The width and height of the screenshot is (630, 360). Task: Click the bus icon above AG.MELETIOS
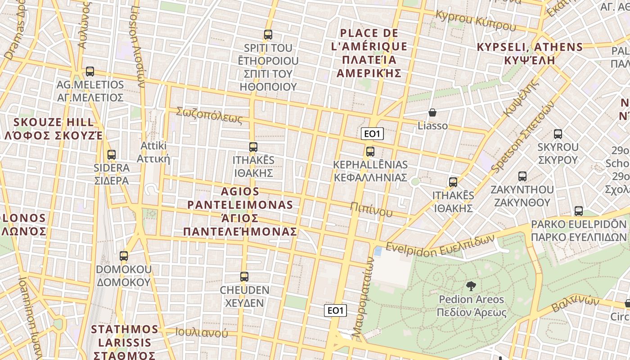(x=90, y=72)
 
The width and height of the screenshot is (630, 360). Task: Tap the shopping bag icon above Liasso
(x=432, y=112)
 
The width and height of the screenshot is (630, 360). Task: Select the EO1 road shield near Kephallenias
(x=372, y=134)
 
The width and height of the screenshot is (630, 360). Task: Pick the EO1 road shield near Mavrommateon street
(x=336, y=310)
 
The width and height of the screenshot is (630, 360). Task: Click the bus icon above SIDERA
(x=112, y=155)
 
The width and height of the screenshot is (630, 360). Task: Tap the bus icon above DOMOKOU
(x=124, y=256)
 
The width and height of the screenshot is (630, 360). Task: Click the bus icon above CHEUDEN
(x=244, y=277)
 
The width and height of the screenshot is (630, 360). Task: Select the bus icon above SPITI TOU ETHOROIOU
(x=268, y=35)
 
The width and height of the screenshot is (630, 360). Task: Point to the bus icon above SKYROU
(x=558, y=134)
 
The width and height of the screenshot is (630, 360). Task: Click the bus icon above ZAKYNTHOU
(x=522, y=176)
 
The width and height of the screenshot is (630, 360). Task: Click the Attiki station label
(x=153, y=152)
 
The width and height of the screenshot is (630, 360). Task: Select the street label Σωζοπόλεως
(x=209, y=115)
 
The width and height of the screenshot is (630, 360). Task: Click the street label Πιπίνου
(x=371, y=209)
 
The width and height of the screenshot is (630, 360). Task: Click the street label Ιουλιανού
(x=202, y=333)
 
